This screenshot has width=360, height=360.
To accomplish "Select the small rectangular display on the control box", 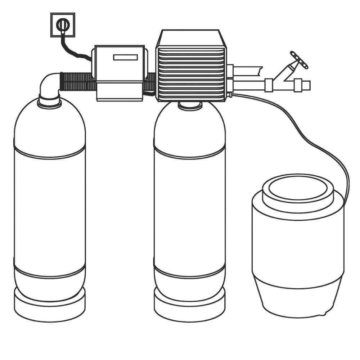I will click(126, 57).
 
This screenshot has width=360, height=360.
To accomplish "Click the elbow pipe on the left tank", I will click(49, 86).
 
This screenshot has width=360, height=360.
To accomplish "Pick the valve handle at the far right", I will click(299, 60).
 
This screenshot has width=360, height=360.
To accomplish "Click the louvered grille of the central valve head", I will click(191, 72).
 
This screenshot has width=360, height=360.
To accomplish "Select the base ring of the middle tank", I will click(189, 306).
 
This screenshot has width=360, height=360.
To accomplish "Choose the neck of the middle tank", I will click(190, 105).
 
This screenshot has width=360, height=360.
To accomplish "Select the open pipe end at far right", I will click(306, 85).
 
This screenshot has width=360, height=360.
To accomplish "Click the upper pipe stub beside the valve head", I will click(248, 70).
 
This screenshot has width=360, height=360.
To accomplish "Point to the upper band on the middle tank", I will click(189, 151).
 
